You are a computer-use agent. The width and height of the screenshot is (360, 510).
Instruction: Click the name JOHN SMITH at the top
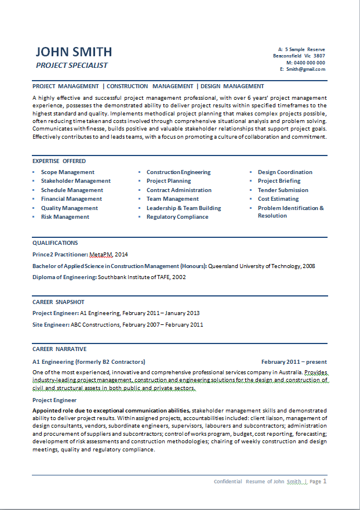74,52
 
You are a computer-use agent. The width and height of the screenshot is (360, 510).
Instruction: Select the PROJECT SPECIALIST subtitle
72,66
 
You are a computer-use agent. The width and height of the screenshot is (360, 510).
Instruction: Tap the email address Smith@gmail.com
305,69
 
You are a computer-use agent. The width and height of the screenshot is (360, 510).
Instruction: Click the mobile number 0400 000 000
309,63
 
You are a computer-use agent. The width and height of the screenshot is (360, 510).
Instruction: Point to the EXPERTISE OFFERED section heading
59,161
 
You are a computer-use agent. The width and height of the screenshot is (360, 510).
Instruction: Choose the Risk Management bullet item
65,217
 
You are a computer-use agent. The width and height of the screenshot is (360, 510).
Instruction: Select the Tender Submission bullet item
283,190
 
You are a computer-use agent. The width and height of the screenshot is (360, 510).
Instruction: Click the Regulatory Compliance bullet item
177,217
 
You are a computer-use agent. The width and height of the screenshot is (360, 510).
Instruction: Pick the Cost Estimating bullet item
278,199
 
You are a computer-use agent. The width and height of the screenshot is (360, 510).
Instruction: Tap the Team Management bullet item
173,199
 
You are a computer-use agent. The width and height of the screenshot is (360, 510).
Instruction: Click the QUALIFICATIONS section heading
55,243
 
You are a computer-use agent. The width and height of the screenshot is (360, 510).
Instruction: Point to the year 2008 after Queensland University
309,266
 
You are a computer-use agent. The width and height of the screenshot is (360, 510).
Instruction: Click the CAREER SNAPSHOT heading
59,302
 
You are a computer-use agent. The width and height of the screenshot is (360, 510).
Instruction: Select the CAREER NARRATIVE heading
60,349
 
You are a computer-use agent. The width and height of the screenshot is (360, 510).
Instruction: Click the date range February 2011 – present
294,361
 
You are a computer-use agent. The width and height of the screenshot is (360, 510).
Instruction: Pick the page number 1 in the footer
325,481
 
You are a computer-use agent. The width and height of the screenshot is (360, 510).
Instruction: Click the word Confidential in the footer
228,482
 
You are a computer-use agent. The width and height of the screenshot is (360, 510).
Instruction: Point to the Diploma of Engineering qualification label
64,277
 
